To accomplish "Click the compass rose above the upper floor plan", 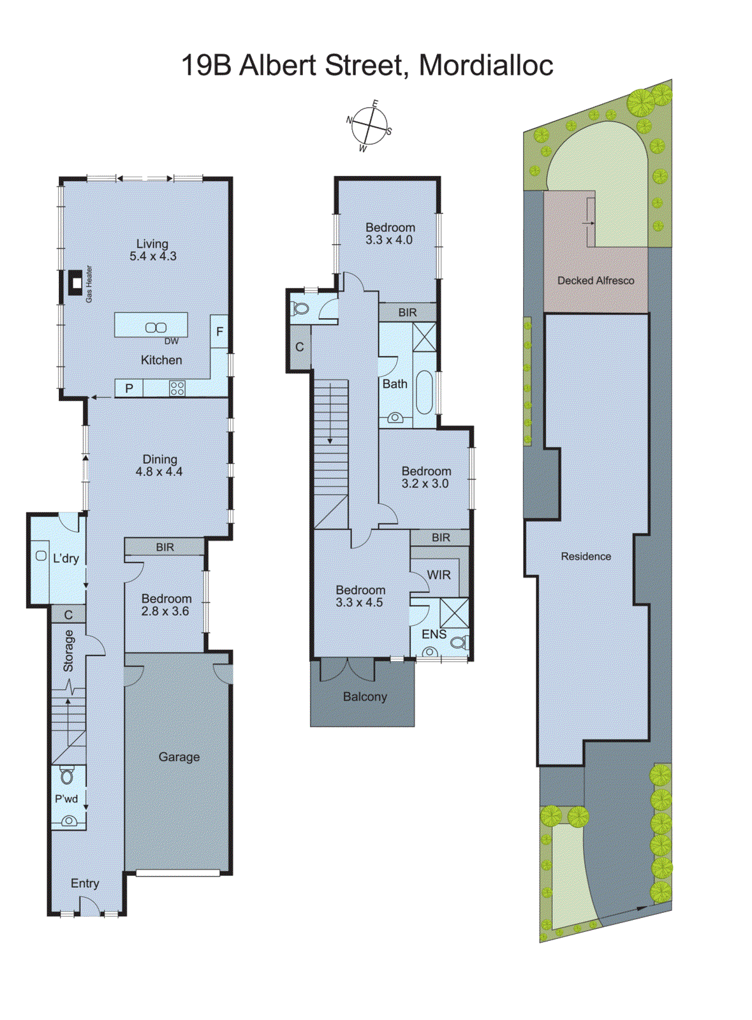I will (369, 126).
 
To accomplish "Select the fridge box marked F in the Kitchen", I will (219, 331).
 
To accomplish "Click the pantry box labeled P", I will (129, 388).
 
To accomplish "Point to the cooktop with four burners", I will (177, 388).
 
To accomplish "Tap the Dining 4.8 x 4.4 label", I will (159, 465).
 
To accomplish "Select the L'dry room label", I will (66, 558).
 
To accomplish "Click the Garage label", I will (179, 757).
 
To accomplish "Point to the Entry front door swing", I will (89, 907).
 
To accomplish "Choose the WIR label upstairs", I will (439, 574).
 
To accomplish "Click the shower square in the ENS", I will (454, 613).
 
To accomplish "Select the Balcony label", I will (365, 697).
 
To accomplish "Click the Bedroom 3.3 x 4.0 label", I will (390, 233).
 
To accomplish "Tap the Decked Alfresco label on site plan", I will (596, 280).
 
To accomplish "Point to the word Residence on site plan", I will (586, 557).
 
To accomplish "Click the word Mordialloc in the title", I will (486, 65).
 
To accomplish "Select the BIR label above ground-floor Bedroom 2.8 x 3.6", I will (165, 547).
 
